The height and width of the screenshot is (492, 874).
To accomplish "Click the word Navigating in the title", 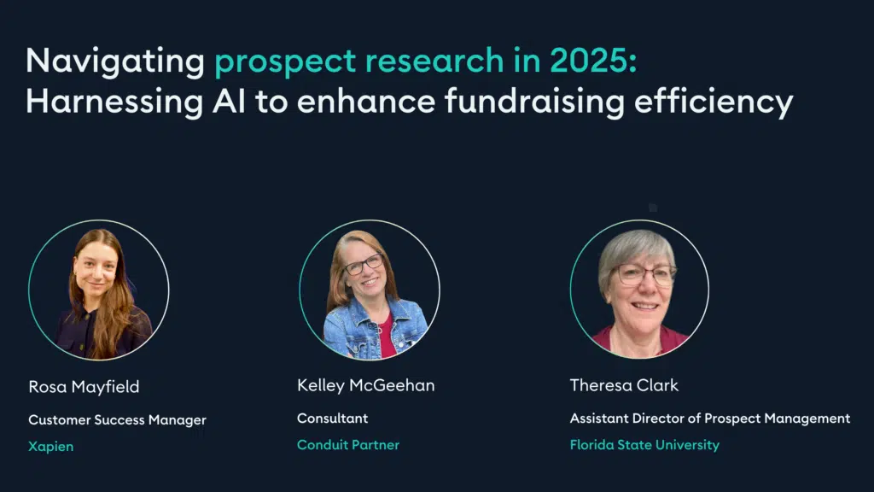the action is coord(115,61).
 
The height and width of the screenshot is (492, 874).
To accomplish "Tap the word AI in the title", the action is coord(229,102).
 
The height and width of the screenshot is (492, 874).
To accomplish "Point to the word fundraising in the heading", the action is coord(534,103).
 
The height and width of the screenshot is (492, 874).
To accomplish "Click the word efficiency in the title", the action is coord(714,103).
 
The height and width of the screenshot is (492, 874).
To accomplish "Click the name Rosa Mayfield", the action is coord(84,387).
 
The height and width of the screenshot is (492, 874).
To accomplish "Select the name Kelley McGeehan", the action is coord(365,385).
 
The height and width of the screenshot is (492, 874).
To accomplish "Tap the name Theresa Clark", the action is coord(624,385).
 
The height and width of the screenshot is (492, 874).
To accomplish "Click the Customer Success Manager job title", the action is coord(117,420).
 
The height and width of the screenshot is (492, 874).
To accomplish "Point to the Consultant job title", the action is coord(332,419).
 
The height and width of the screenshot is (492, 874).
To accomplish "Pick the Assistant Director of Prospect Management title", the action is coord(710,419).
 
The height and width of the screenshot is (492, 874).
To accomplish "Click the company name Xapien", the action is coord(50,447).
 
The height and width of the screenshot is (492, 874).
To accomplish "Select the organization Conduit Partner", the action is coord(348,444).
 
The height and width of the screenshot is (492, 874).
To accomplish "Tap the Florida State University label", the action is coord(644,445).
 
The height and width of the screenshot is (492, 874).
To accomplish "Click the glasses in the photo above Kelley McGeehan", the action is coord(364,265).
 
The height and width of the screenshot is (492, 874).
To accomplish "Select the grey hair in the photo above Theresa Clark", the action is coord(634,252).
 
